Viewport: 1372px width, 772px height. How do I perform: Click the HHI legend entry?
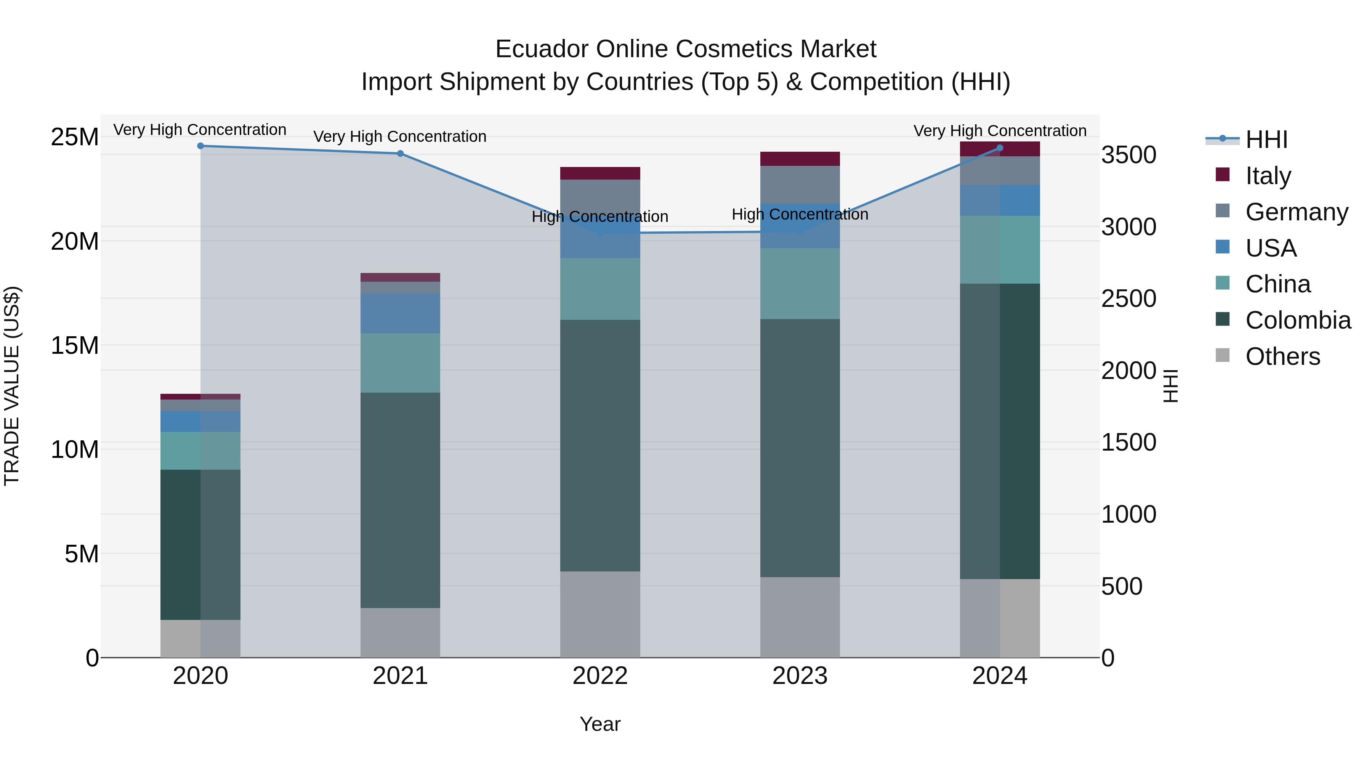click(1266, 140)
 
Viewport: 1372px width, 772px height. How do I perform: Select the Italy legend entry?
click(1268, 176)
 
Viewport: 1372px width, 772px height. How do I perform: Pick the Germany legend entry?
click(1297, 212)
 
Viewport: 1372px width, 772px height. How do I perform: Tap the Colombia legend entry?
click(1297, 320)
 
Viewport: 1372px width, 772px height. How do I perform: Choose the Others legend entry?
click(1282, 356)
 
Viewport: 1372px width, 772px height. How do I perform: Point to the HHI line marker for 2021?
click(401, 153)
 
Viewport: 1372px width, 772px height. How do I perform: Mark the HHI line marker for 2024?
click(1000, 148)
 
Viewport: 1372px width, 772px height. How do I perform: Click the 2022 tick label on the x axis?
click(600, 676)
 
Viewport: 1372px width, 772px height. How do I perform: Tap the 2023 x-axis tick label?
click(800, 676)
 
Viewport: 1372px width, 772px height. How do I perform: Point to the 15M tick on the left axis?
click(75, 345)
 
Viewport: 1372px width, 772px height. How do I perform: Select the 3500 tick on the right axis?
click(1128, 155)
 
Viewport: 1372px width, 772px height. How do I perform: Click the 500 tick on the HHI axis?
click(1122, 587)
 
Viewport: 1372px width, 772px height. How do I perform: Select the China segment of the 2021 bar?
click(401, 363)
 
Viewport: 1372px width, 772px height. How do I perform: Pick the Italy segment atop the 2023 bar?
click(800, 159)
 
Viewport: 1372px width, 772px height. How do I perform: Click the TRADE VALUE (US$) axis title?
click(12, 386)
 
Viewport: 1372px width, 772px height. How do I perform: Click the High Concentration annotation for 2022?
click(600, 217)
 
